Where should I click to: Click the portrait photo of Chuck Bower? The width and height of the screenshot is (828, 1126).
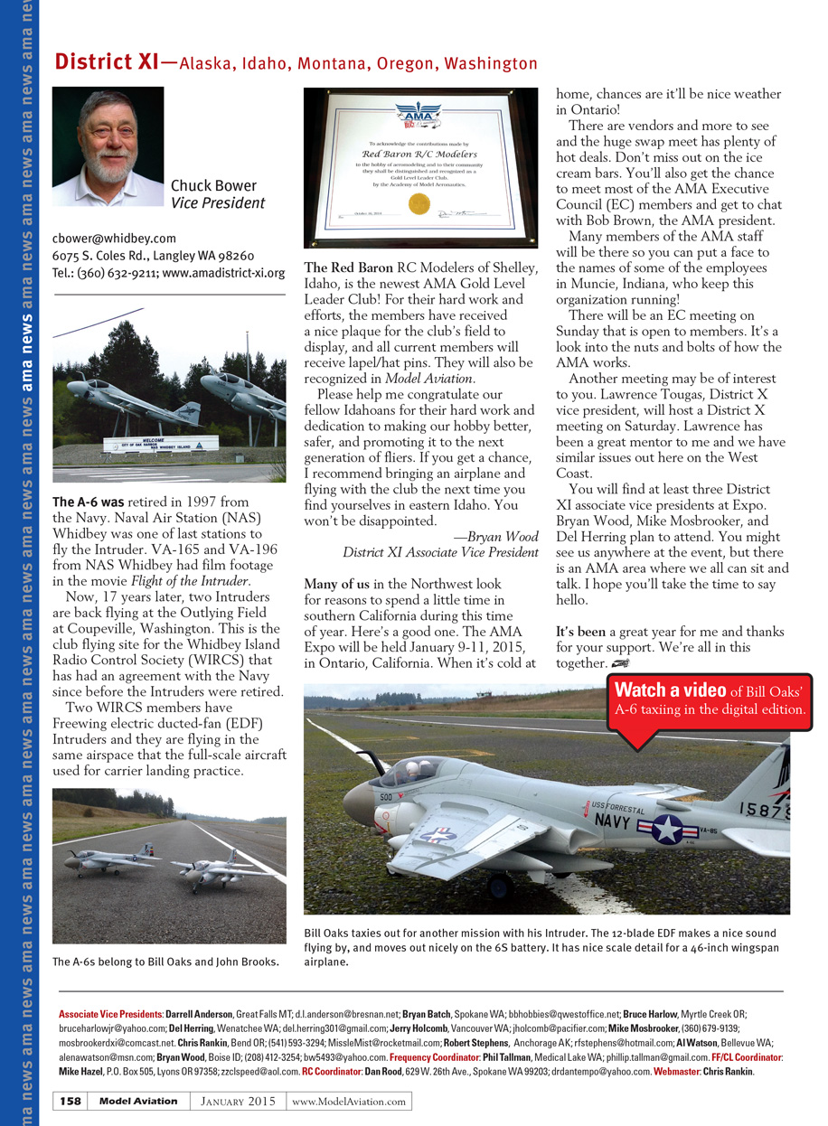point(108,146)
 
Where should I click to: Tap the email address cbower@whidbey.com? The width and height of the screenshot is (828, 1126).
point(114,239)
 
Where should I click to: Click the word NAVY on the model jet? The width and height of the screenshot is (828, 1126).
point(613,821)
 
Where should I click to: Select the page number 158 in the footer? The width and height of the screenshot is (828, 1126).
point(71,1101)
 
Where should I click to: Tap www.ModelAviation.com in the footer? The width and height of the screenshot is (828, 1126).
point(349,1101)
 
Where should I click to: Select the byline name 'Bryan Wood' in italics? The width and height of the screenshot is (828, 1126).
point(495,536)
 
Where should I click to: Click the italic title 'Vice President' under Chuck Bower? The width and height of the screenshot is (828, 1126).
point(218,203)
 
